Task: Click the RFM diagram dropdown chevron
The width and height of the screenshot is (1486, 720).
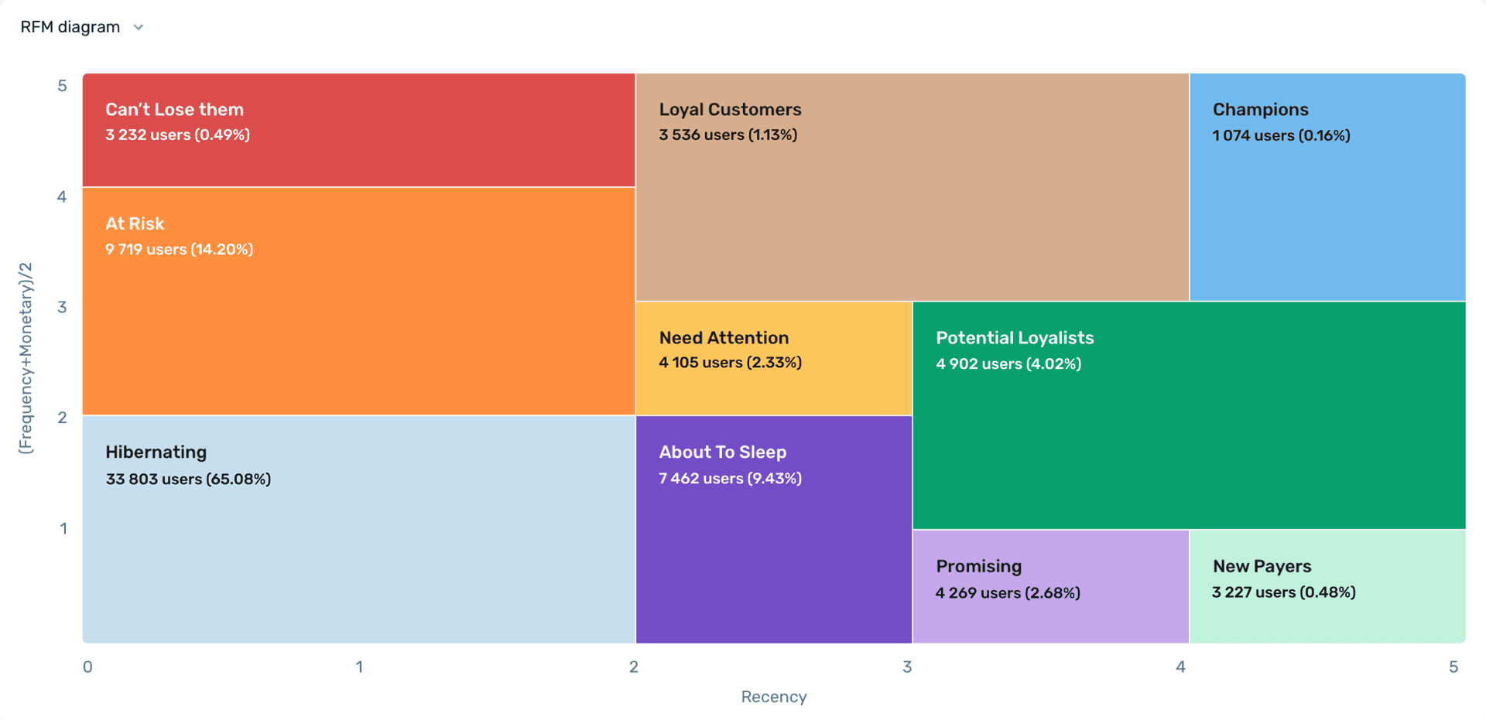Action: [x=139, y=27]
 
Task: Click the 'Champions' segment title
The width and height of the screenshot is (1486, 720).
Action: [x=1260, y=110]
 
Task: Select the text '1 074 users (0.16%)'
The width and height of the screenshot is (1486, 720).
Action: [x=1281, y=135]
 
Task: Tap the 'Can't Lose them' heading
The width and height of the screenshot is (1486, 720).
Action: [x=174, y=110]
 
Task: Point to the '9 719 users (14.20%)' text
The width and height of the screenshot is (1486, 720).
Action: [x=179, y=249]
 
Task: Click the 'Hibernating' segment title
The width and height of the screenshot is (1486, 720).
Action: [x=156, y=452]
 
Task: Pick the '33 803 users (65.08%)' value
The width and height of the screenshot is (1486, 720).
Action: [x=188, y=479]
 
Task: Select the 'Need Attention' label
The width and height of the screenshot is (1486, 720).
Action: [x=724, y=338]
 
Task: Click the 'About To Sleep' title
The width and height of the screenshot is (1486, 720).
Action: [x=722, y=452]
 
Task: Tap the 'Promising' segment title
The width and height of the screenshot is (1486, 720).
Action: [x=978, y=566]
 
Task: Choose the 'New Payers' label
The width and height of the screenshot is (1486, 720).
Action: [x=1262, y=566]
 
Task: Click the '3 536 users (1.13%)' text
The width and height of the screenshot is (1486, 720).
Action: [x=728, y=135]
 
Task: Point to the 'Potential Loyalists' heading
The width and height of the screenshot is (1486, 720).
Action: [x=1014, y=338]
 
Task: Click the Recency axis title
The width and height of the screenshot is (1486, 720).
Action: [x=773, y=697]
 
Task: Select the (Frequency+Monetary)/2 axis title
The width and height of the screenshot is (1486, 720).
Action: [x=26, y=357]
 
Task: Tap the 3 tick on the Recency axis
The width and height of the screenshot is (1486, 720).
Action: [x=907, y=667]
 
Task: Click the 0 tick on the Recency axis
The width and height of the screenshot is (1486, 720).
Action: [x=87, y=667]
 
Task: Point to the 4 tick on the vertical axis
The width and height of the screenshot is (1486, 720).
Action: [x=62, y=196]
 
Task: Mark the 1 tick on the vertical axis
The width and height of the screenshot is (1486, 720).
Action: [x=63, y=528]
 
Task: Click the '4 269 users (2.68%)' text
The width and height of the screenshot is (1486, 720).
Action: [x=1008, y=592]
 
